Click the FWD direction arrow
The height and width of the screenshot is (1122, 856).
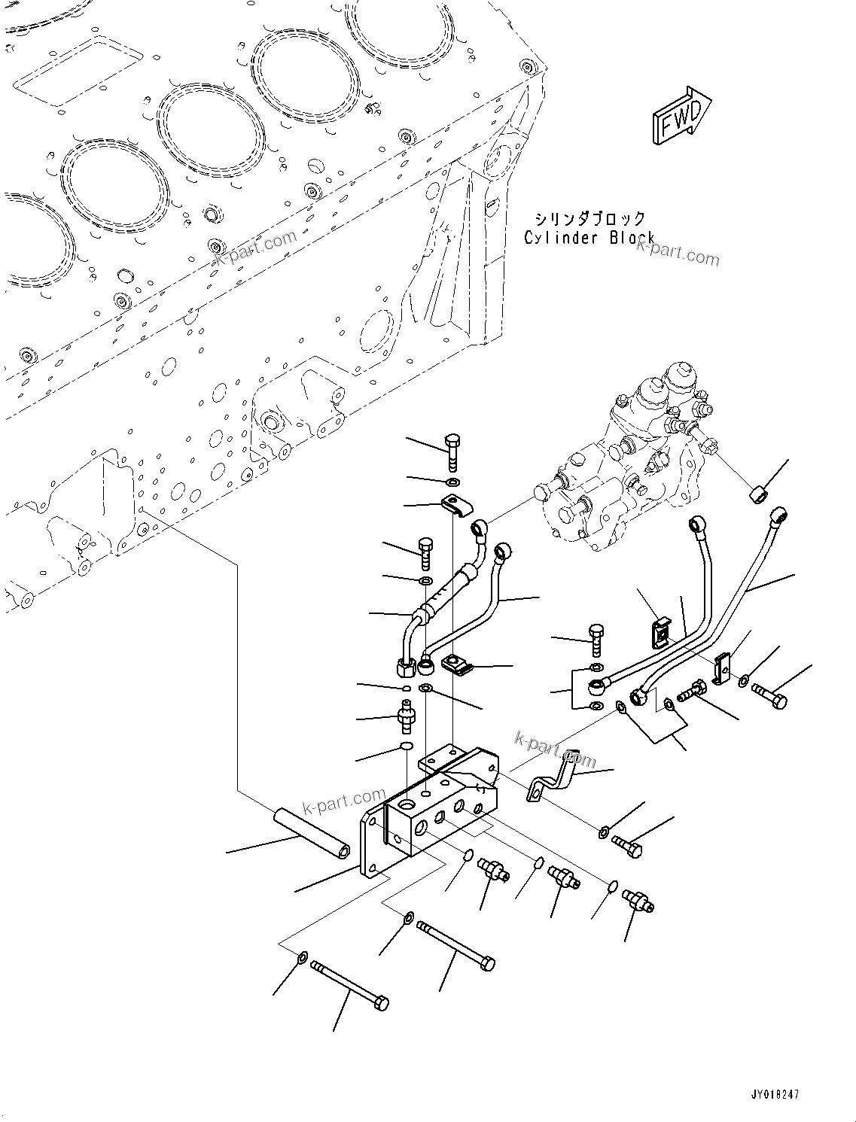(681, 115)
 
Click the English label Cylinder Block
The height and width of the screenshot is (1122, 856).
(589, 238)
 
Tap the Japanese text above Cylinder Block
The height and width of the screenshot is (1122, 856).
(589, 218)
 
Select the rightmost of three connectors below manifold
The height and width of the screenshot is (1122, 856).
(638, 899)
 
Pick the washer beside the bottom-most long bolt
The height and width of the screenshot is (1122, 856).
(302, 957)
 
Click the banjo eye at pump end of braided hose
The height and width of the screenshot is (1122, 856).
(480, 527)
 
